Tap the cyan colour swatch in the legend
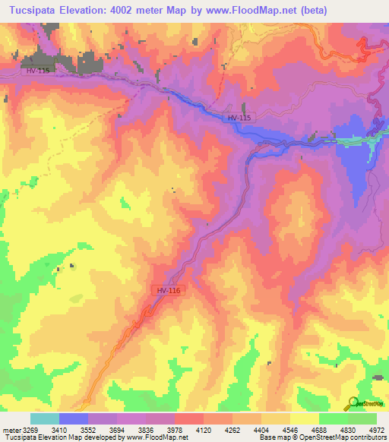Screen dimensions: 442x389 click(44, 418)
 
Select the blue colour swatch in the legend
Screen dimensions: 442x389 click(74, 418)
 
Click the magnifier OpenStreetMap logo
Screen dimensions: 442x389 click(353, 403)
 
